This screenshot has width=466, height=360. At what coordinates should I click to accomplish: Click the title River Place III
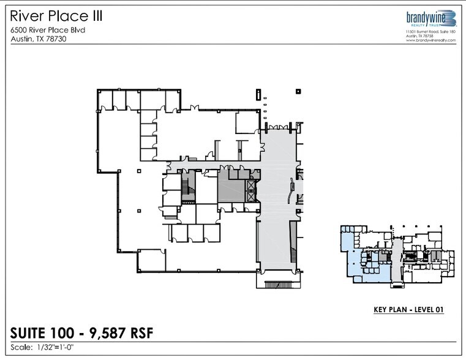(x=56, y=16)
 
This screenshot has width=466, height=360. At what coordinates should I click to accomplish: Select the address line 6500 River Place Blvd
(x=47, y=30)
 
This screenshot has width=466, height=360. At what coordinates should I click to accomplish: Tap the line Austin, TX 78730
(x=38, y=39)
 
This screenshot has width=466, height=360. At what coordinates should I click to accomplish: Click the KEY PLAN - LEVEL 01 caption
(x=408, y=310)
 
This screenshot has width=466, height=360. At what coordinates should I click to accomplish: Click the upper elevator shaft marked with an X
(x=251, y=186)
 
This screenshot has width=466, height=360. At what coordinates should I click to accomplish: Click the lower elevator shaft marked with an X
(x=251, y=197)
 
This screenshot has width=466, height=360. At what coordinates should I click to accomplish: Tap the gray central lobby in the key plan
(x=396, y=257)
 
